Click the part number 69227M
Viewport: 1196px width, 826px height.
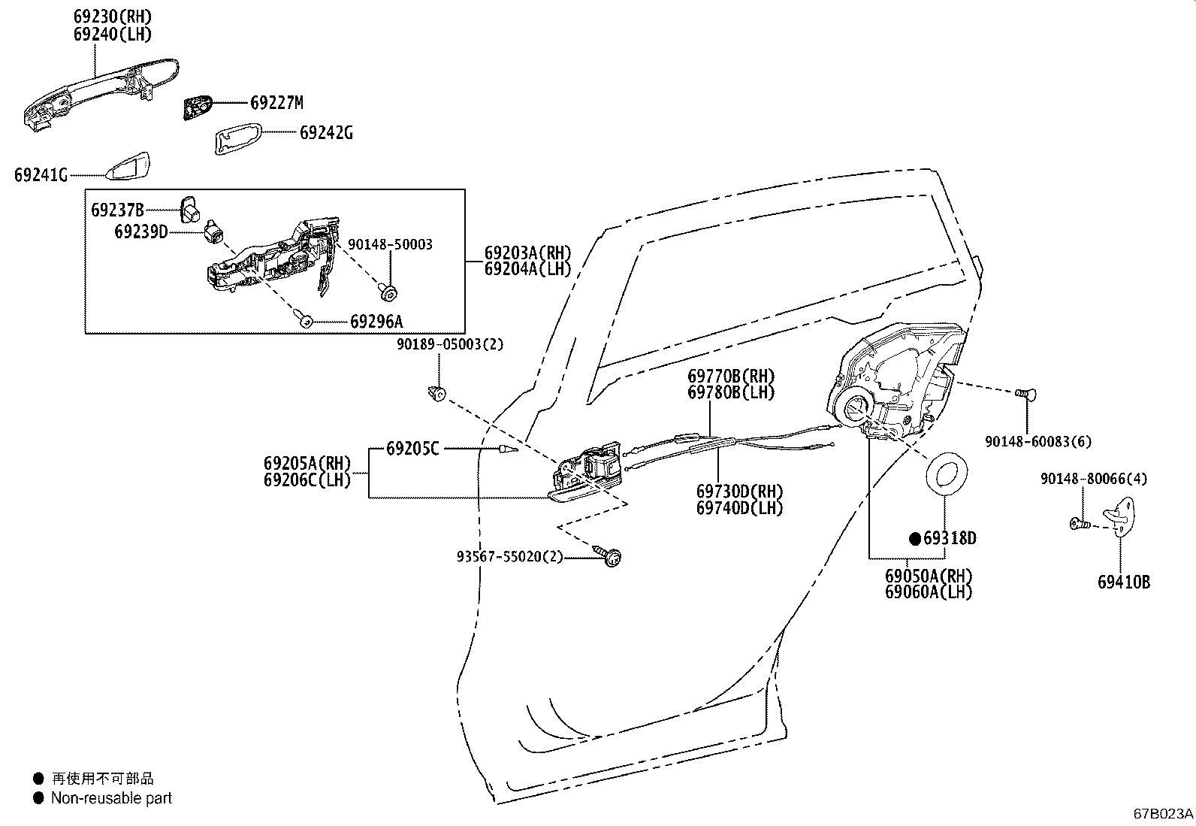(276, 103)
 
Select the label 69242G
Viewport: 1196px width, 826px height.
(326, 133)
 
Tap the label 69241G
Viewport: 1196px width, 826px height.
(41, 175)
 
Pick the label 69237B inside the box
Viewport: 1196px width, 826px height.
(117, 210)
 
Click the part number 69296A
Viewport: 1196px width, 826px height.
(376, 322)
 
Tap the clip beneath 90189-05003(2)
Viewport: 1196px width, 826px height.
(436, 392)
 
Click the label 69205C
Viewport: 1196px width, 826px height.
(412, 449)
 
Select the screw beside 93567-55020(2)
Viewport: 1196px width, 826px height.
(610, 556)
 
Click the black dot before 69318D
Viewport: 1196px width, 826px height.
(915, 538)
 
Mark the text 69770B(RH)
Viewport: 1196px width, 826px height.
(730, 376)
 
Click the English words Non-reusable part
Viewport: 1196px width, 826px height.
(111, 798)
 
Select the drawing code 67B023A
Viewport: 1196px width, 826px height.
(1163, 813)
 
